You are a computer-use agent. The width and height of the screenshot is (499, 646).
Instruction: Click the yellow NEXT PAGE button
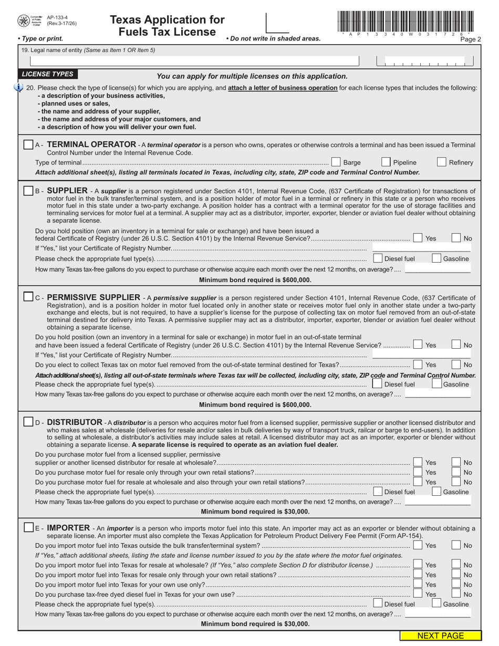click(440, 636)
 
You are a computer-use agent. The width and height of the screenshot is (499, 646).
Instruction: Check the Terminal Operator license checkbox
click(29, 144)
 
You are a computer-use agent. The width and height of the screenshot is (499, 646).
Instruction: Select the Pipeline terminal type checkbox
click(386, 162)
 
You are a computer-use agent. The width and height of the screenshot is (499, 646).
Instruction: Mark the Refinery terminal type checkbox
click(442, 162)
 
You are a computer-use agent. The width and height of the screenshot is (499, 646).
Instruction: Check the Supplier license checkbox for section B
click(29, 191)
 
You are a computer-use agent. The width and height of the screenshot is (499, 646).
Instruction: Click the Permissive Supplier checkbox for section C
click(29, 297)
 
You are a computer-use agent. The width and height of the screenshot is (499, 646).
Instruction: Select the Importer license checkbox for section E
click(29, 527)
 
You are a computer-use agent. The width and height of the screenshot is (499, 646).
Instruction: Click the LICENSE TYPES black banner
click(48, 74)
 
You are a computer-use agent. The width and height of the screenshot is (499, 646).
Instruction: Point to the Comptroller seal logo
click(24, 20)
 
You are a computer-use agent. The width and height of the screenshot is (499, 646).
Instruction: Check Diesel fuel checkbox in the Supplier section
click(378, 258)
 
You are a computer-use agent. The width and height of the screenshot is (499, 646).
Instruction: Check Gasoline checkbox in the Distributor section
click(436, 492)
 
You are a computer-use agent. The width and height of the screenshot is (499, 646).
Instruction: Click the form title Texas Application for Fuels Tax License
click(167, 26)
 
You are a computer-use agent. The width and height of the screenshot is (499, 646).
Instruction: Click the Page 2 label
click(470, 39)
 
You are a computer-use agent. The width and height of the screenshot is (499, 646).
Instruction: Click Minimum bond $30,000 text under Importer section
click(255, 624)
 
